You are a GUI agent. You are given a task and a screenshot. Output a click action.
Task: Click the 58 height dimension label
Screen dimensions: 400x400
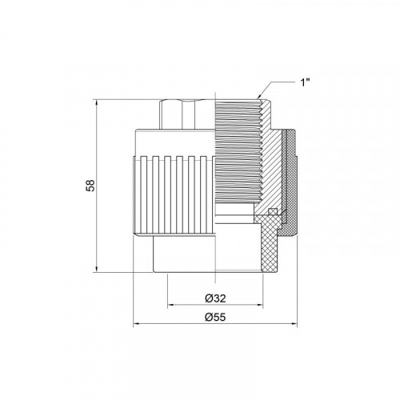90,186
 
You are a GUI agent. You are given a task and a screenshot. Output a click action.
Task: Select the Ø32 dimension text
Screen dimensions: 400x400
215,298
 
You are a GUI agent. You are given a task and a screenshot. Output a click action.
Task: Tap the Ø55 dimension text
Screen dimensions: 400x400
215,317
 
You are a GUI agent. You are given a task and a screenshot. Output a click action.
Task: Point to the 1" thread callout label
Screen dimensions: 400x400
306,82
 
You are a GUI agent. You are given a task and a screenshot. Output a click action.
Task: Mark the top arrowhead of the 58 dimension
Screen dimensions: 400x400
96,102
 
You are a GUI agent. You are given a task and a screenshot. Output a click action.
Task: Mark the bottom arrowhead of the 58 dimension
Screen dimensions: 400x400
96,269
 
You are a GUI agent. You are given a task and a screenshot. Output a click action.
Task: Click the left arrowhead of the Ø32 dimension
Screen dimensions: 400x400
171,305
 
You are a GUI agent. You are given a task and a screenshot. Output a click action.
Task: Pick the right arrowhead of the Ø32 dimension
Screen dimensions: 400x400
259,305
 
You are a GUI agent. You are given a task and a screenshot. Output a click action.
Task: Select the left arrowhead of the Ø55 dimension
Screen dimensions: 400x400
137,324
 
